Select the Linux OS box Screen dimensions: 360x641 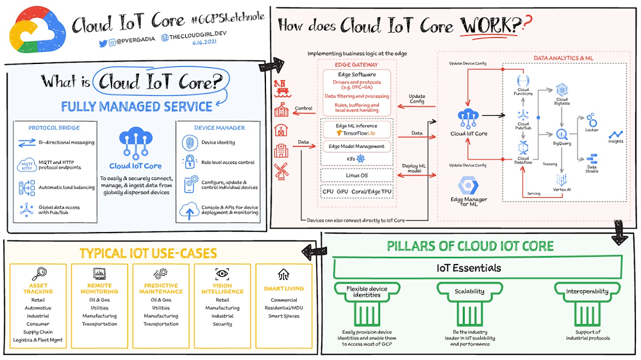point(356,175)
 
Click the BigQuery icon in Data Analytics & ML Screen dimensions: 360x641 point(563,135)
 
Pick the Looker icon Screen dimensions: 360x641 point(591,120)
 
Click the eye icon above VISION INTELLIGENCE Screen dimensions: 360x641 point(222,273)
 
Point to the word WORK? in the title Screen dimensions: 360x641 point(490,26)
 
